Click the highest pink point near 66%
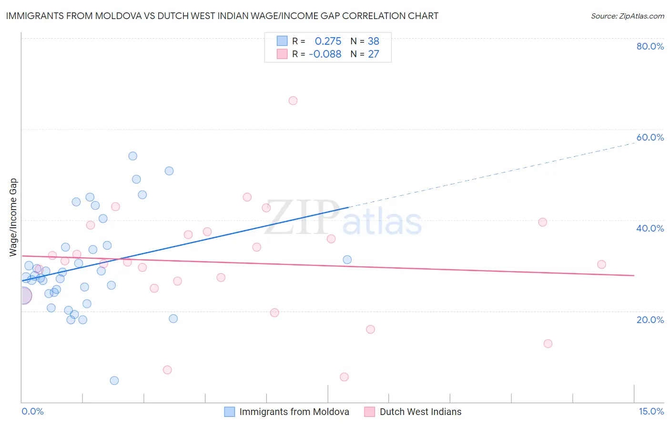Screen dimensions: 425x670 pyautogui.click(x=293, y=101)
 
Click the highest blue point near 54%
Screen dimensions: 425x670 pyautogui.click(x=133, y=156)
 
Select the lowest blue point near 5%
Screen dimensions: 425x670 pyautogui.click(x=114, y=381)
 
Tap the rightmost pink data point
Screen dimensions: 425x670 pyautogui.click(x=601, y=264)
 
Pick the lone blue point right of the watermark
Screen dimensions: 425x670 pyautogui.click(x=347, y=260)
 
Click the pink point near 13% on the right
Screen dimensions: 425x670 pyautogui.click(x=548, y=344)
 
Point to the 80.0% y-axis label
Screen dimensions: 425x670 pyautogui.click(x=650, y=46)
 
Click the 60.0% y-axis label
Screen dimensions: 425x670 pyautogui.click(x=650, y=137)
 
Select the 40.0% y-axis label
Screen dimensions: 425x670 pyautogui.click(x=650, y=228)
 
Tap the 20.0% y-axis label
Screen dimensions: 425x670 pyautogui.click(x=650, y=320)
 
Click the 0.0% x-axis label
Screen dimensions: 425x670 pyautogui.click(x=32, y=412)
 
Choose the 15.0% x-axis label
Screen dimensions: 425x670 pyautogui.click(x=651, y=412)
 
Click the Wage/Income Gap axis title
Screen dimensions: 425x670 pyautogui.click(x=13, y=217)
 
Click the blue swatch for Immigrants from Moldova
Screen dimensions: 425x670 pyautogui.click(x=230, y=412)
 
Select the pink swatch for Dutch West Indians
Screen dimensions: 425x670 pyautogui.click(x=370, y=412)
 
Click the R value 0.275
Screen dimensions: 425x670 pyautogui.click(x=328, y=41)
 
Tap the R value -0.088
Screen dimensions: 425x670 pyautogui.click(x=325, y=54)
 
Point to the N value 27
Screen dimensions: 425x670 pyautogui.click(x=374, y=54)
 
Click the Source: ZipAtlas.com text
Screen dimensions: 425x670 pyautogui.click(x=628, y=16)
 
